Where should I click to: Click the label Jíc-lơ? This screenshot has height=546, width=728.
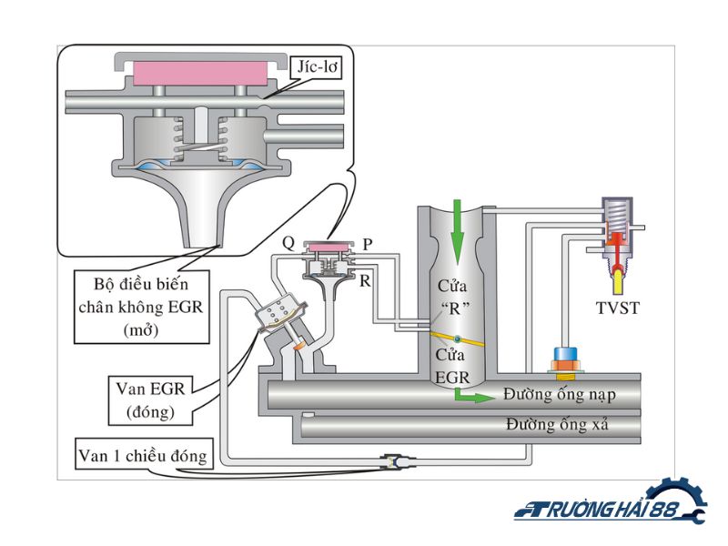311,66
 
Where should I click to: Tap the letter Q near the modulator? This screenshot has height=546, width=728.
288,242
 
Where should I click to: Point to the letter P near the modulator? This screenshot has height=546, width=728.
368,244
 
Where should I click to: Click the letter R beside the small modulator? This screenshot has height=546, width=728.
364,281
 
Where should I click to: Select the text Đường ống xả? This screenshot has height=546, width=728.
558,425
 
